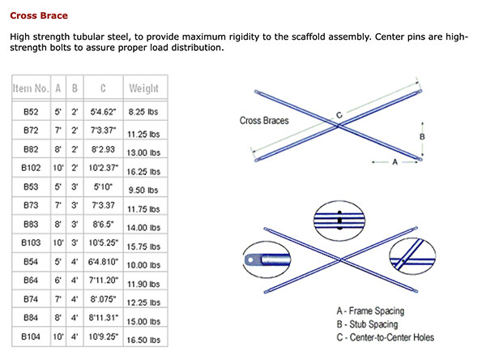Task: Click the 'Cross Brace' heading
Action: [x=38, y=15]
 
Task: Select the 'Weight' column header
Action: [x=143, y=88]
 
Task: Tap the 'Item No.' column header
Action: [x=31, y=88]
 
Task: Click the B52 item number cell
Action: [x=31, y=109]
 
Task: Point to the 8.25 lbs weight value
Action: [x=143, y=109]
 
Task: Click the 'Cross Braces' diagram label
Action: [x=264, y=121]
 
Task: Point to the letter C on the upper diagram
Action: [x=339, y=115]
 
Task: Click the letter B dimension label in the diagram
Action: [x=422, y=136]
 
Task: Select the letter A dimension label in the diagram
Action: [x=394, y=162]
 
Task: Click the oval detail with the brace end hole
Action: [x=264, y=260]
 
